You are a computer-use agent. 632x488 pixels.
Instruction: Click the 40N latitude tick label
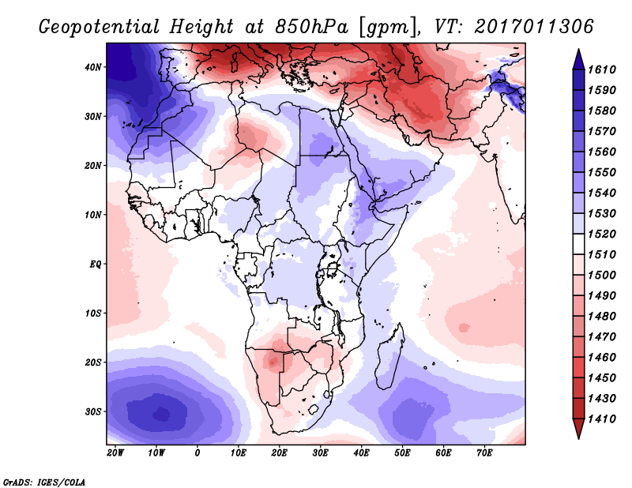tap(94, 67)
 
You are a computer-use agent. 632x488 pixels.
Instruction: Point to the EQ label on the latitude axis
tap(94, 264)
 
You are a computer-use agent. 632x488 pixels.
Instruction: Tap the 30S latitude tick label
tap(94, 411)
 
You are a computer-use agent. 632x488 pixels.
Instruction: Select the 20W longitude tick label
tap(115, 453)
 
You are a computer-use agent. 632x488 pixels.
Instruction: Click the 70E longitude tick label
tap(484, 453)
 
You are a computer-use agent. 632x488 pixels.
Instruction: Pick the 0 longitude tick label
tap(197, 453)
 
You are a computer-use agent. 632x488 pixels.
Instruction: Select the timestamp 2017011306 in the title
tap(534, 27)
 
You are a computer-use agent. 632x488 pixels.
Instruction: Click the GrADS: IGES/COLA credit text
tap(43, 481)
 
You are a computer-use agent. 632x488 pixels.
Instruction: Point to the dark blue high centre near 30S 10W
tap(162, 412)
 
